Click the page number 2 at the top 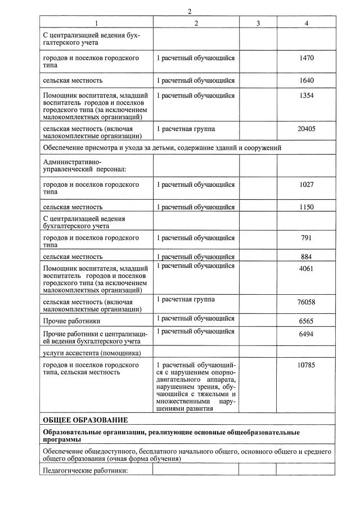(190, 11)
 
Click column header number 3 (258, 23)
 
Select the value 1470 (306, 58)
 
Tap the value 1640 (306, 80)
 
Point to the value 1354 (306, 96)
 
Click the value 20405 (306, 129)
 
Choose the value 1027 (306, 185)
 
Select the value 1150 (306, 207)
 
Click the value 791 (306, 237)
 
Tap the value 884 (306, 257)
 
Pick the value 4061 (306, 268)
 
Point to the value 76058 (306, 302)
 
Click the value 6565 (306, 321)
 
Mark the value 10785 (306, 366)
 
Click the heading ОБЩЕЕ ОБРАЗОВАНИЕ (85, 420)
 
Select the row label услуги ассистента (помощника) (91, 353)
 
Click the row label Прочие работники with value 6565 (72, 321)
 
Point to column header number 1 (96, 23)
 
